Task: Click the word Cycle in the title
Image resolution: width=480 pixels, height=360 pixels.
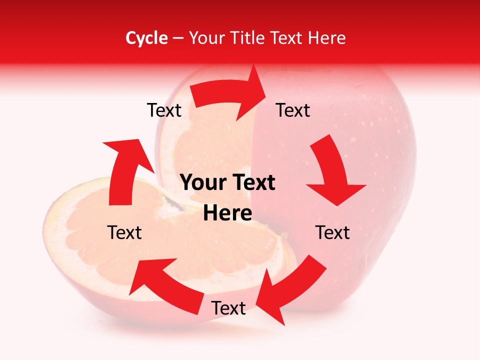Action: pos(146,38)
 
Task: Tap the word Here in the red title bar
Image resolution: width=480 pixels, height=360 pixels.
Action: pos(326,38)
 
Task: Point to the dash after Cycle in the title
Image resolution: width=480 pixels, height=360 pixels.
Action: pos(178,38)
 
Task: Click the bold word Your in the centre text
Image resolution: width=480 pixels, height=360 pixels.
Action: pos(203,183)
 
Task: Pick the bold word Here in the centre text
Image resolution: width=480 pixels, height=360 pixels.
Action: pos(227,213)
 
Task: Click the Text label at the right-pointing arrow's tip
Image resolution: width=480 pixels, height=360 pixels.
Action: pos(293,110)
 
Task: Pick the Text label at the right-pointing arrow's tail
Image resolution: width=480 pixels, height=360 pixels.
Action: pos(164,110)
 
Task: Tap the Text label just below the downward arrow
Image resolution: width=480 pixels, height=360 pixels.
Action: pos(332,232)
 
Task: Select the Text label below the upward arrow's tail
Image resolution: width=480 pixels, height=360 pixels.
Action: pos(124,232)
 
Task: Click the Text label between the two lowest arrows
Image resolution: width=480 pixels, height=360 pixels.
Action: pos(228,308)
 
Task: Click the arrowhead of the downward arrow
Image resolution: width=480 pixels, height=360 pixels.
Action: pos(336,193)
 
